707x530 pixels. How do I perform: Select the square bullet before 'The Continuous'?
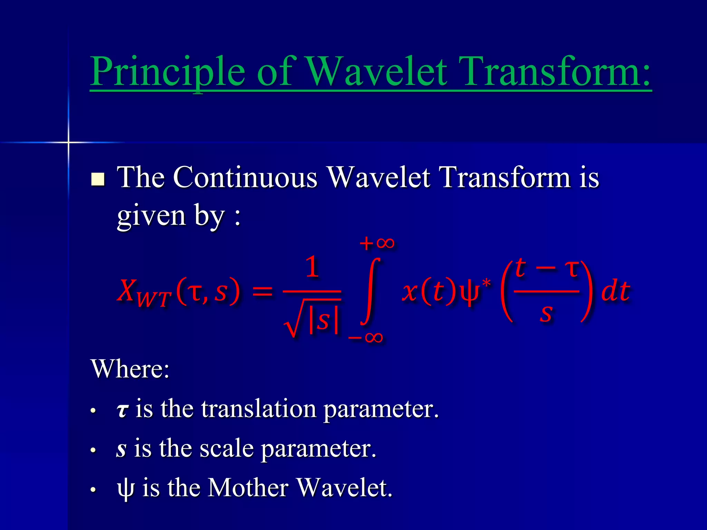[x=98, y=179]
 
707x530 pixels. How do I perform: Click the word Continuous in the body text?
[x=245, y=177]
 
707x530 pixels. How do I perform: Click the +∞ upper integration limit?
[x=377, y=244]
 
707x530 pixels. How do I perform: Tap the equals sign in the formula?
[x=262, y=292]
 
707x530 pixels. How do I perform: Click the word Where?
[x=130, y=369]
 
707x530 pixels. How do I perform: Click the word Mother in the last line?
[x=248, y=488]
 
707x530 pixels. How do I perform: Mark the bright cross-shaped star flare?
[x=68, y=142]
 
